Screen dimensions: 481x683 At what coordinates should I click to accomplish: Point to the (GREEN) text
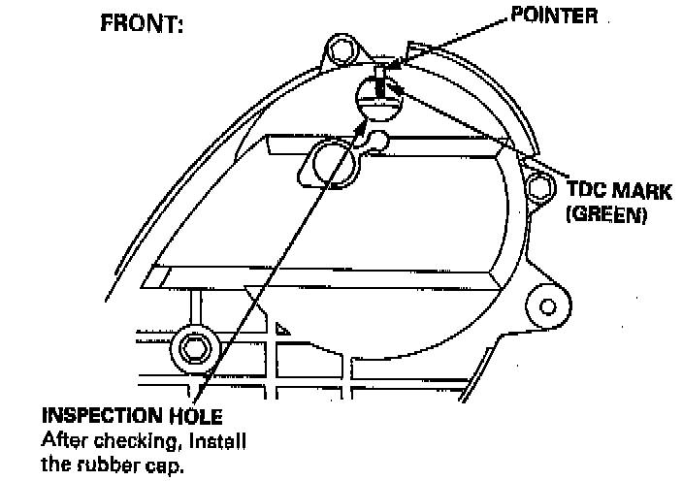tap(605, 214)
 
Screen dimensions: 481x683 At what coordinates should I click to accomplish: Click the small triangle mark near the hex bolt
tap(280, 328)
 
